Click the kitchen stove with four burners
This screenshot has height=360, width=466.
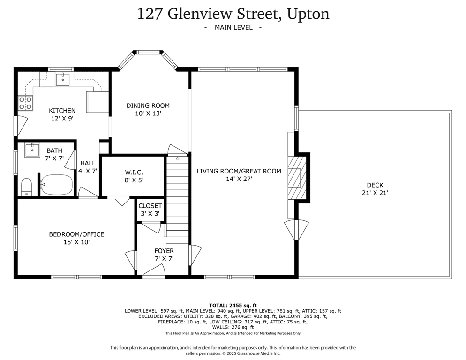click(25, 103)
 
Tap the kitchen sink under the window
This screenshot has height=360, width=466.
click(63, 79)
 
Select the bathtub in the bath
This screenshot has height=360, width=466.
click(57, 185)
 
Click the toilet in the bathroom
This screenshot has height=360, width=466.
click(26, 187)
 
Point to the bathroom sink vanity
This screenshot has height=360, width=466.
click(32, 150)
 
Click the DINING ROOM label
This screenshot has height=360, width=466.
click(148, 105)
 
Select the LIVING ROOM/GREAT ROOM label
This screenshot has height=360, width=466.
click(239, 171)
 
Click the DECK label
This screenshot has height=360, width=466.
click(375, 185)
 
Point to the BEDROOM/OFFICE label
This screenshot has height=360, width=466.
click(76, 234)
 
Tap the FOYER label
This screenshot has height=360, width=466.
click(164, 251)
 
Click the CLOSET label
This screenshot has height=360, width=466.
click(150, 206)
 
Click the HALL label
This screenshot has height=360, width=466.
click(88, 163)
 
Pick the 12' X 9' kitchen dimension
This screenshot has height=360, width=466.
click(63, 119)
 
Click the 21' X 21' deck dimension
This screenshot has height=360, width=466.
click(375, 193)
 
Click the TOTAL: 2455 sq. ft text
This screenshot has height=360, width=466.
click(233, 305)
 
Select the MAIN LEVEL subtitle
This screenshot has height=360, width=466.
click(233, 27)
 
